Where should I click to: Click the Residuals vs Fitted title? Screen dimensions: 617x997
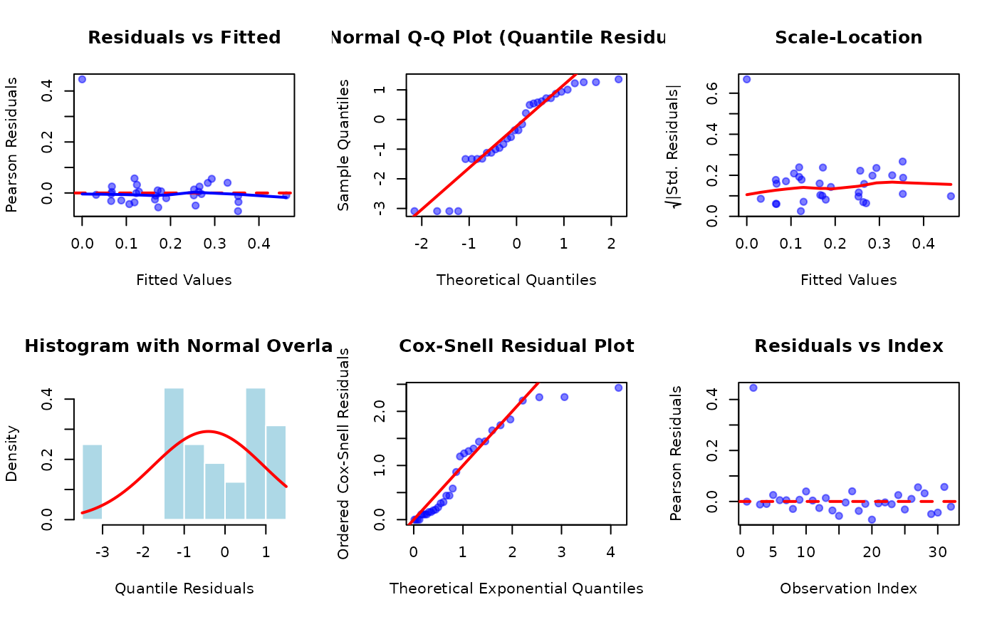184,38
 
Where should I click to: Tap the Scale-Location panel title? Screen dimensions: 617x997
848,38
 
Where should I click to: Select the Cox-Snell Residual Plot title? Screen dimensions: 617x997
516,346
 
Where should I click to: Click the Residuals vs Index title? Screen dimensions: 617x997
848,346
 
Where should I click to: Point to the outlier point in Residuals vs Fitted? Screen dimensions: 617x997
82,79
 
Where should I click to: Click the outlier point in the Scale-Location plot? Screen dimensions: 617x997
746,79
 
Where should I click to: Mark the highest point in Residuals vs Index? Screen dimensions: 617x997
753,388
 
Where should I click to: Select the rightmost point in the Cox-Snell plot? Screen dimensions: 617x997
618,388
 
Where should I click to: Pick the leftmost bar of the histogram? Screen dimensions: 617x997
93,482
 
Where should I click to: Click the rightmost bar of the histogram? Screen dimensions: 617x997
276,472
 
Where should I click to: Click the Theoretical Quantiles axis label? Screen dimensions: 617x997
516,280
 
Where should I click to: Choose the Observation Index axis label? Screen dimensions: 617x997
848,589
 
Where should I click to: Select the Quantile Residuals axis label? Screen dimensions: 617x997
184,589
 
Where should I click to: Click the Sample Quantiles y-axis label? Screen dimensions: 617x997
344,145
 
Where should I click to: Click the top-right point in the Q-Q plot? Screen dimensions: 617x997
618,79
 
